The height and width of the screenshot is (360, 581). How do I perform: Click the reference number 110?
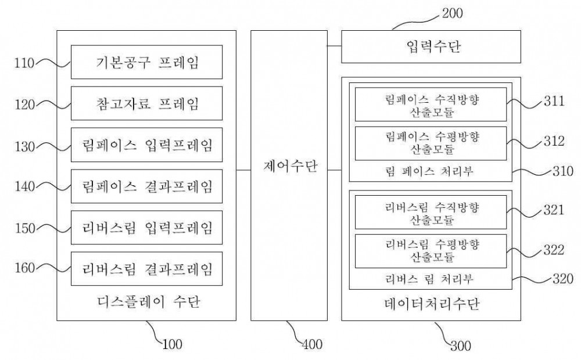24,63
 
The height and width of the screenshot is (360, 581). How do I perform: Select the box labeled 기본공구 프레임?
147,62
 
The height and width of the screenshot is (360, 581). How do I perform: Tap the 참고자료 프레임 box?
147,103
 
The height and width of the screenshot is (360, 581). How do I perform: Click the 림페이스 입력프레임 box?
147,145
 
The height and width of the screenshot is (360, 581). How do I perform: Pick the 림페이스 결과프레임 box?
147,186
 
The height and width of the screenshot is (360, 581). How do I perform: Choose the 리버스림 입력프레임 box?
147,228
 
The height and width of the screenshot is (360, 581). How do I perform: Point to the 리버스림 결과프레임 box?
147,269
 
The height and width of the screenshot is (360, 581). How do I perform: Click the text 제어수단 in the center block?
290,166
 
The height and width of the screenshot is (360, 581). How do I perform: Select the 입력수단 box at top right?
431,46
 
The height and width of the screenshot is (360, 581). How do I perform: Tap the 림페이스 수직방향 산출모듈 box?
431,105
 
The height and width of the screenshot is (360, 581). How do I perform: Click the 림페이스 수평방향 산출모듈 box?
431,143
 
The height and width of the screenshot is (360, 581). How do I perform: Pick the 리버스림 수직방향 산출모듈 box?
431,212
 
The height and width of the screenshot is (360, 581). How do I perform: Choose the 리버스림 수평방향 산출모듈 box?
431,251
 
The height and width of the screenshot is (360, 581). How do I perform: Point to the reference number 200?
453,13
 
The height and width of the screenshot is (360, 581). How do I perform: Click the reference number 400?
313,344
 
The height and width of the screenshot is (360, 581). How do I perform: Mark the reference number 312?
554,141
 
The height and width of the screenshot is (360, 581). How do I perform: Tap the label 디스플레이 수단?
149,302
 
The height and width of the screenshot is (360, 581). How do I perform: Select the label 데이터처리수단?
432,304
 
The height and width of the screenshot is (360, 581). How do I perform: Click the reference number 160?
24,268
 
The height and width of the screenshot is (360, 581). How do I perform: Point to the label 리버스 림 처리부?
429,279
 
